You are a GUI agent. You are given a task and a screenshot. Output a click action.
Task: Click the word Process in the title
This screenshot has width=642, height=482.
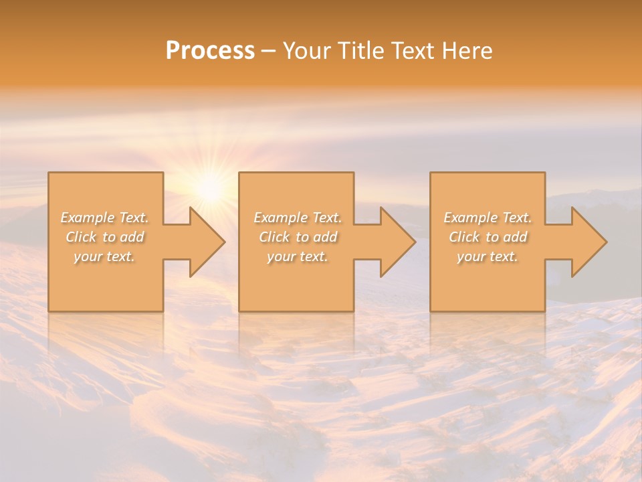(x=210, y=51)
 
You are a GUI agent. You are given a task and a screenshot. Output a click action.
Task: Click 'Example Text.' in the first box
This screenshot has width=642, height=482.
(x=105, y=218)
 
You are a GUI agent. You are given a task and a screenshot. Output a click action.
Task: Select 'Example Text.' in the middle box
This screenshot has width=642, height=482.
(x=298, y=218)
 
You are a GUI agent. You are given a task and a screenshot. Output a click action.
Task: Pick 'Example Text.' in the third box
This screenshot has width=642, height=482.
(x=488, y=218)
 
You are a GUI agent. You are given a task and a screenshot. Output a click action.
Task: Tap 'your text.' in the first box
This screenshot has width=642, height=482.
(x=105, y=256)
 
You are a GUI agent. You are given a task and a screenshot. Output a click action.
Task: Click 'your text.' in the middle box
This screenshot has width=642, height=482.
(x=298, y=256)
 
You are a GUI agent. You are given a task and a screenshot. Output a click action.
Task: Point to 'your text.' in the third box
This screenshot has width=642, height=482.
(x=488, y=256)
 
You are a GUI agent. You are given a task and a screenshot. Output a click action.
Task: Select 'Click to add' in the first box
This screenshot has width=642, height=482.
(x=105, y=237)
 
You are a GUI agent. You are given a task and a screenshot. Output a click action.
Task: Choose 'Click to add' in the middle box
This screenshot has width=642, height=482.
(x=298, y=237)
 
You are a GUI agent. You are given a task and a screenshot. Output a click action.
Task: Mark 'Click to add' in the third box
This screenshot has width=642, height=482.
(x=488, y=237)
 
